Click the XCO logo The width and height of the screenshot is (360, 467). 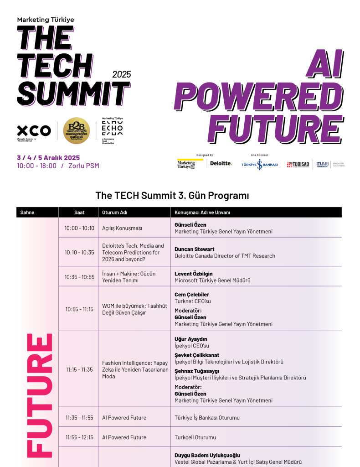pos(34,130)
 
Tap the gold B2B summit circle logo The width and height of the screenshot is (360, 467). pos(76,130)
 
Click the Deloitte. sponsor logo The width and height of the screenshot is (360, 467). pos(221,164)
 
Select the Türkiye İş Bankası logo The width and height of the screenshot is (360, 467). pos(259,165)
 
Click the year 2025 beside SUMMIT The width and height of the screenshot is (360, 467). pos(121,74)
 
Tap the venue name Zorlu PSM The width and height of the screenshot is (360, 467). pos(83,166)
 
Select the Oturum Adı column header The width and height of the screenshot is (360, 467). pos(114,213)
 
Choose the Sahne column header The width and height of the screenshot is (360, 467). pos(27,213)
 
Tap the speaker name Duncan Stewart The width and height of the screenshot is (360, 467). pos(195,249)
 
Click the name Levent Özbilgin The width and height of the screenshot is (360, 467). pos(194,274)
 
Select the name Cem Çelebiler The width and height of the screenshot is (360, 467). pos(192,295)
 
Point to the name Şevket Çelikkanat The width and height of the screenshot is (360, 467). pos(197,355)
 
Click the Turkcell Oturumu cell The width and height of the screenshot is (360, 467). pos(195,437)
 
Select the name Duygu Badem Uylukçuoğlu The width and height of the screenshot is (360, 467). pos(207,455)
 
